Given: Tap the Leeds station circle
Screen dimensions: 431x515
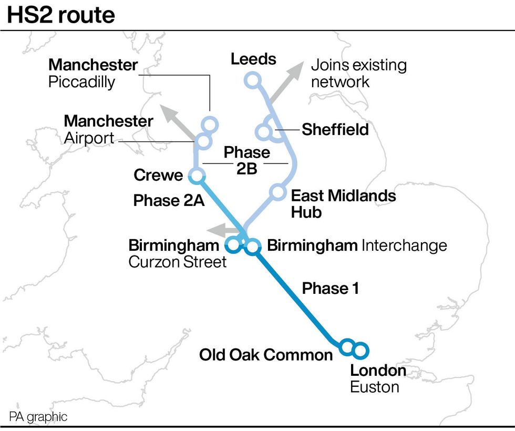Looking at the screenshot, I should [x=253, y=80].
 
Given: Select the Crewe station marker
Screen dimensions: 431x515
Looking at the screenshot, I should [x=197, y=176].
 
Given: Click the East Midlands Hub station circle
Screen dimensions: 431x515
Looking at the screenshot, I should [x=277, y=192].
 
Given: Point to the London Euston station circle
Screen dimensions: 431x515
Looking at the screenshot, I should [x=361, y=350].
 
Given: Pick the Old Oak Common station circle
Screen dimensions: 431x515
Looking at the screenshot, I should [x=346, y=346].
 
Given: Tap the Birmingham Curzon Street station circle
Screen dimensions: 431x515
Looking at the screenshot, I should [x=232, y=244].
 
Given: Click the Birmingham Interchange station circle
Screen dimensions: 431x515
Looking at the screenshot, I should [x=253, y=245].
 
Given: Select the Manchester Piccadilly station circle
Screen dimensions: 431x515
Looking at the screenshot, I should [x=210, y=125].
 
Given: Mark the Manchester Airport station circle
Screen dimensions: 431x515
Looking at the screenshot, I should [x=203, y=141].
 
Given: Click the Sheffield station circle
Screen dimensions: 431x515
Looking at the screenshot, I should [x=263, y=130].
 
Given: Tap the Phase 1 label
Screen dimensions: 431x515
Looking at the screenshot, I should [x=331, y=288].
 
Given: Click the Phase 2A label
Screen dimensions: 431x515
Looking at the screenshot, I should [x=169, y=200].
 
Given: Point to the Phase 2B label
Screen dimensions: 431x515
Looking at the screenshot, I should [x=246, y=160].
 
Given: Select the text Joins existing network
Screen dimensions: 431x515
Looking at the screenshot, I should [x=358, y=74].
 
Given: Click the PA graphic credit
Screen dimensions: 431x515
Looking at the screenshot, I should [x=38, y=417].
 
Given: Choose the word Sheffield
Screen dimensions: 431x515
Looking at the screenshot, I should [x=335, y=129].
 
